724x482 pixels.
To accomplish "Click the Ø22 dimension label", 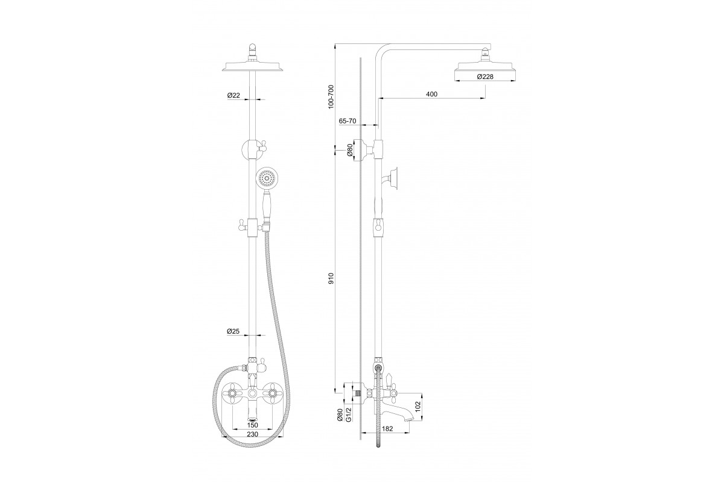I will tap(234, 95).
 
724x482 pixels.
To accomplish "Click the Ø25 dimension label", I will tap(234, 331).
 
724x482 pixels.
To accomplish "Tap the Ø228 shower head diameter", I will tap(486, 77).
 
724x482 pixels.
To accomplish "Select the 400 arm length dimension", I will tap(431, 95).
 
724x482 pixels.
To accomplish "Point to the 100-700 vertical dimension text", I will tap(330, 96).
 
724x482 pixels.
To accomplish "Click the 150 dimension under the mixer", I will tap(253, 425).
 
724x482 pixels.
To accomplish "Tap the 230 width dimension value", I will tap(253, 434).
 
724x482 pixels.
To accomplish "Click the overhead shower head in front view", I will tap(253, 66).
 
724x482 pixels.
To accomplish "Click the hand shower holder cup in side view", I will tap(395, 177).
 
